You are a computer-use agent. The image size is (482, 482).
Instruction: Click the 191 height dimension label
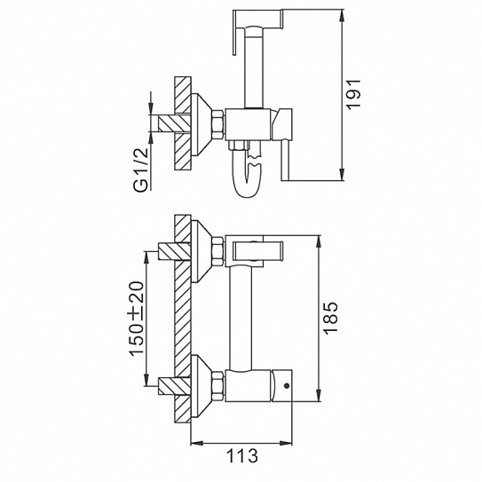pos(353,94)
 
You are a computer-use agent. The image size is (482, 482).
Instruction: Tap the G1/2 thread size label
pos(142,170)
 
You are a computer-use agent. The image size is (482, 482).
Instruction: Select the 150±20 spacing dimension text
pos(137,319)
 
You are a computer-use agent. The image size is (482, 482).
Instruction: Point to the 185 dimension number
pos(330,318)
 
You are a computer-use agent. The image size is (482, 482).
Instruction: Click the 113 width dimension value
pos(242,455)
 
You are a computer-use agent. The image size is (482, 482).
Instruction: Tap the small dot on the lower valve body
pos(287,385)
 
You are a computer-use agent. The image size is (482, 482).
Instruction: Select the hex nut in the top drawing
pos(217,124)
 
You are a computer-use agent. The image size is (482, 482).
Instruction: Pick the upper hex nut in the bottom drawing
pos(217,251)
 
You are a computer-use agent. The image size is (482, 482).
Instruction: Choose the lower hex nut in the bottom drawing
pos(217,386)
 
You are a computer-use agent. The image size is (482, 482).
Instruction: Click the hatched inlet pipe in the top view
pos(174,123)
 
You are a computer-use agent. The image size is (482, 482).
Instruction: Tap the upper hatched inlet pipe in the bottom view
pos(174,251)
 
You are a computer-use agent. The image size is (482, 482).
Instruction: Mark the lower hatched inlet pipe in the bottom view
pos(174,386)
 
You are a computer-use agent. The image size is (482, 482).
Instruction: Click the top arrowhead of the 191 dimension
pos(343,13)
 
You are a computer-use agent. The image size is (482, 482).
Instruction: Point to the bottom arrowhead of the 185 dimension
pos(319,397)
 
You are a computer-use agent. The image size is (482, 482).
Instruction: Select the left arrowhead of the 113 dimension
pos(195,443)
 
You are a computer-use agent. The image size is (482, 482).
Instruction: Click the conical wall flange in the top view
pos(201,124)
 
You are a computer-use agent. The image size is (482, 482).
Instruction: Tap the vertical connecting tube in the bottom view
pos(241,318)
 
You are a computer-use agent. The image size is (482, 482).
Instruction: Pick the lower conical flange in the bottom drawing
pos(201,386)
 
